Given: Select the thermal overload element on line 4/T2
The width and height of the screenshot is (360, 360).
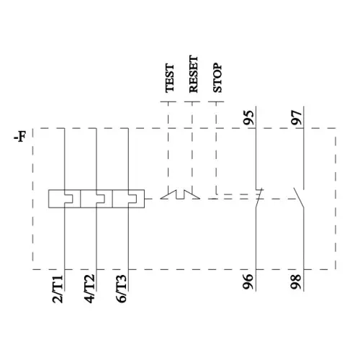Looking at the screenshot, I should coord(95,198).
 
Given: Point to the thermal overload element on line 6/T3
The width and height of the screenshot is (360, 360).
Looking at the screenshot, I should coord(126,198).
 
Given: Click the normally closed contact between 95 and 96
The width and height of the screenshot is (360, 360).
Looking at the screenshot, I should coord(258,197).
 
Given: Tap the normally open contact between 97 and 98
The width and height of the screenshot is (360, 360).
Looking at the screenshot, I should coord(301,197).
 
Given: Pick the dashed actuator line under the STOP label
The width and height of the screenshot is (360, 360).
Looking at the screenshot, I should coord(217,144).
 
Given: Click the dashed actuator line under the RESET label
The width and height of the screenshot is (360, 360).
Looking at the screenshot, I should coord(192,144).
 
